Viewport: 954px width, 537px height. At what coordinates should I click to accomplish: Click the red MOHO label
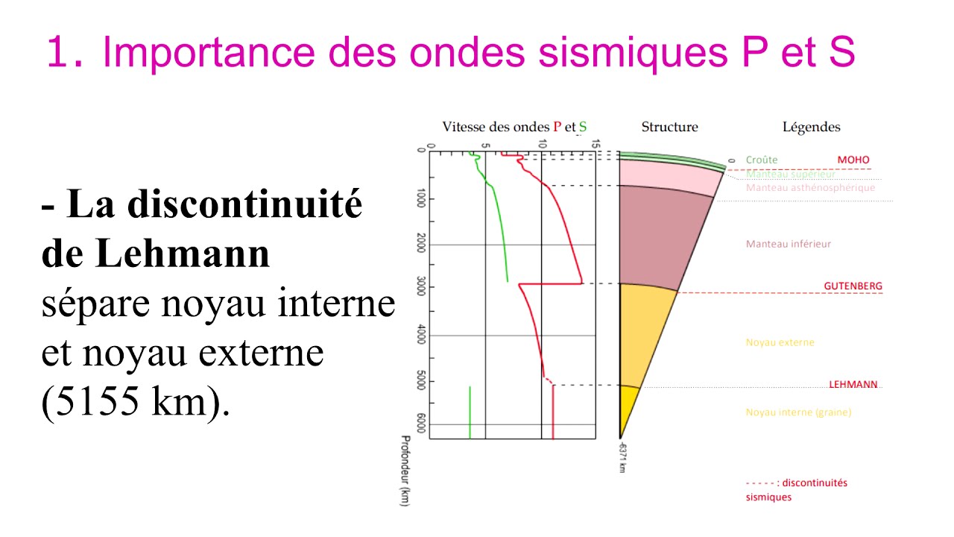click(x=853, y=160)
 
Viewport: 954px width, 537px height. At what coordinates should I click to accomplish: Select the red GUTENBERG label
click(x=853, y=286)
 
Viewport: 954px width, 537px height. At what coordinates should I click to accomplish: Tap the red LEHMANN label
click(x=853, y=385)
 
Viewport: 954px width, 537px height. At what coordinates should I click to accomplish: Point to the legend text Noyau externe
click(x=780, y=343)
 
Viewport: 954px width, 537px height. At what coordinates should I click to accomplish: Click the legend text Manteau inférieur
click(x=788, y=244)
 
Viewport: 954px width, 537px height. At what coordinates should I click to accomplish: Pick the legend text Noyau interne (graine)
click(x=798, y=412)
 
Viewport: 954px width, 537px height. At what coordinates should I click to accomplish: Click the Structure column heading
click(x=669, y=128)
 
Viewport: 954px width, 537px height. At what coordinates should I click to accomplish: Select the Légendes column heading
click(x=811, y=128)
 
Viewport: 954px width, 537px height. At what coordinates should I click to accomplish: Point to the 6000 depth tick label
click(x=421, y=425)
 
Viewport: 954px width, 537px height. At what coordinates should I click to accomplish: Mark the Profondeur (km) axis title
click(x=405, y=471)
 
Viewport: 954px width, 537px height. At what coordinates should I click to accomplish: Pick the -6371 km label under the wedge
click(x=621, y=456)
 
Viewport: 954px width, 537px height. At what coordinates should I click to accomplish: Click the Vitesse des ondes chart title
click(x=514, y=128)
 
